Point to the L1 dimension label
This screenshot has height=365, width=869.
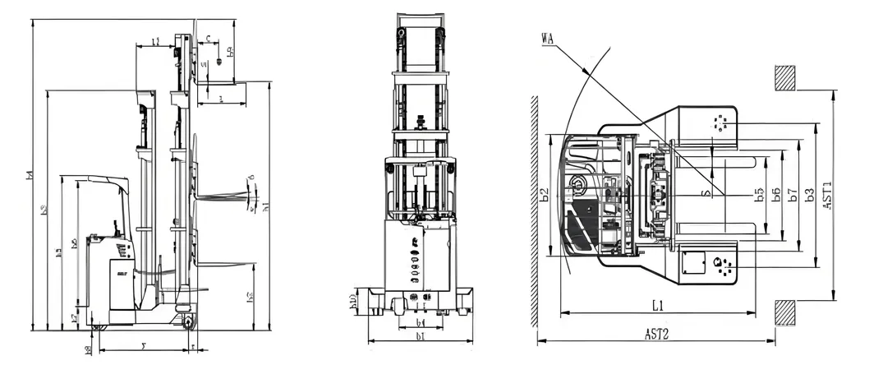658,306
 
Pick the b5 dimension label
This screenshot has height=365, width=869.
760,195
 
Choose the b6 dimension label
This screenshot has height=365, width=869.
775,195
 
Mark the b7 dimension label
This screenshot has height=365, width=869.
792,195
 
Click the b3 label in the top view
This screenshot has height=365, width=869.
810,195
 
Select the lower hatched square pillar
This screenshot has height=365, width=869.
784,313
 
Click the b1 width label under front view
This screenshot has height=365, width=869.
420,337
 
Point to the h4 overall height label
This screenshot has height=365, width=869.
30,175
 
